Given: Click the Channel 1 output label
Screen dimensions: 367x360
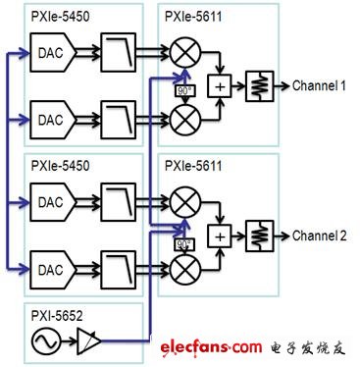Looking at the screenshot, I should pyautogui.click(x=322, y=85).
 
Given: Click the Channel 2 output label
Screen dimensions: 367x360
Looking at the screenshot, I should pyautogui.click(x=322, y=236).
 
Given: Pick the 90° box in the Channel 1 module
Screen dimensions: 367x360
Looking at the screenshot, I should pyautogui.click(x=182, y=91).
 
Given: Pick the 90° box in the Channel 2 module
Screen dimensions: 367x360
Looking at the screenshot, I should pyautogui.click(x=182, y=242).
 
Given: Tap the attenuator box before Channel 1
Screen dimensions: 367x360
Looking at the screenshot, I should pyautogui.click(x=260, y=85).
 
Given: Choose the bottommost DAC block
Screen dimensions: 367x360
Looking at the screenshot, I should pyautogui.click(x=52, y=267).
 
